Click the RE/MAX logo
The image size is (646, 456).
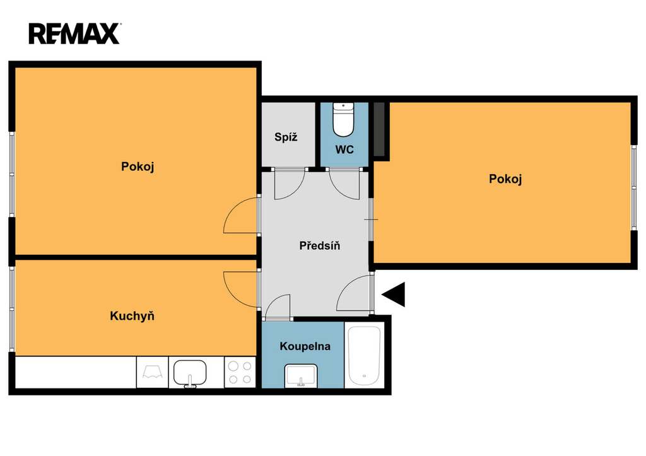point(74,33)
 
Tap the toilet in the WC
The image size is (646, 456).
point(343,120)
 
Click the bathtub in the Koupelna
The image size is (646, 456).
point(364,356)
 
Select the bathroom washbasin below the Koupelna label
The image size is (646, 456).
point(301,376)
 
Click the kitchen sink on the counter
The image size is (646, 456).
point(190,373)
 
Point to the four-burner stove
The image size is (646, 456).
point(240,372)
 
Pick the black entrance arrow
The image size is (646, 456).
point(394,294)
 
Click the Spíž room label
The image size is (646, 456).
point(286,137)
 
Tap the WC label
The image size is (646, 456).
point(344,149)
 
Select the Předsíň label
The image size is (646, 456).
point(320,246)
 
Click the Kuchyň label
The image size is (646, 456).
point(132,316)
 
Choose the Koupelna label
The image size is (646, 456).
point(305,346)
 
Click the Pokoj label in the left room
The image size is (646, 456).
point(138,167)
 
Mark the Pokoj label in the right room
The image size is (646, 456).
point(505,178)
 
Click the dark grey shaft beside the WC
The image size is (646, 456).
point(379,129)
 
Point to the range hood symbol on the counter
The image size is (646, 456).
point(153,372)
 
